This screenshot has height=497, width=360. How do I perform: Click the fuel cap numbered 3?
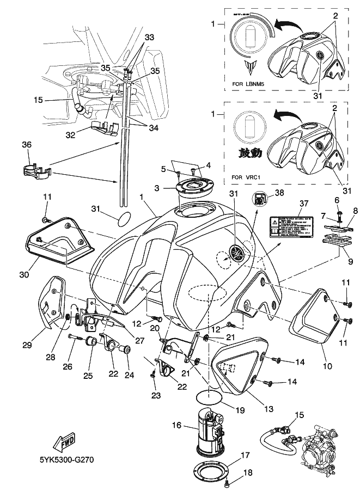coord(193,188)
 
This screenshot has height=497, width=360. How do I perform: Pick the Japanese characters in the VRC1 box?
coord(248,153)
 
